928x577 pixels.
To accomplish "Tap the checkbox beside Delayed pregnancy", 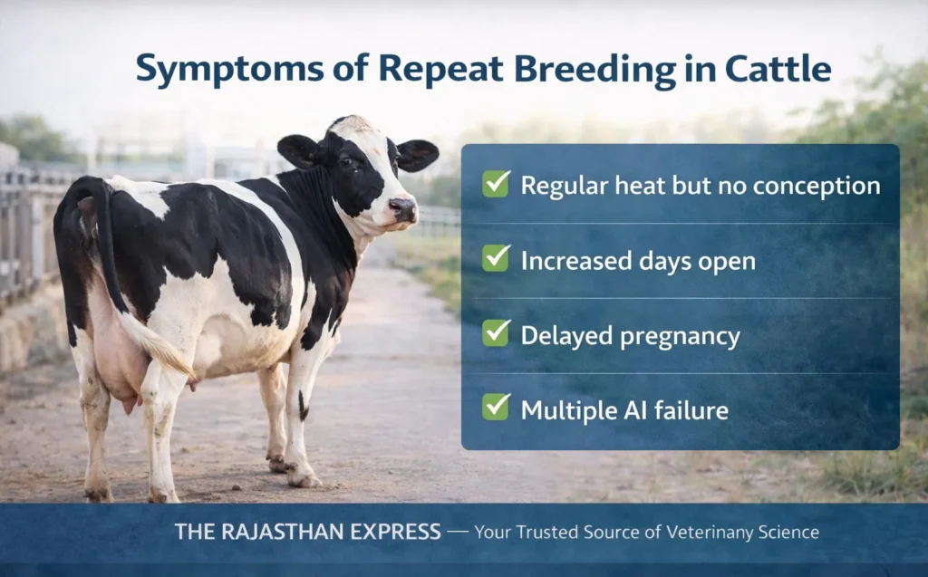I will tap(496, 333).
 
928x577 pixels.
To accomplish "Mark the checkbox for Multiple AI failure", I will tap(496, 408).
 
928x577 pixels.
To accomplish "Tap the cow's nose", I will tap(404, 210).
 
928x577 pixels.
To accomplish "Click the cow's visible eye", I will tap(345, 161).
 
